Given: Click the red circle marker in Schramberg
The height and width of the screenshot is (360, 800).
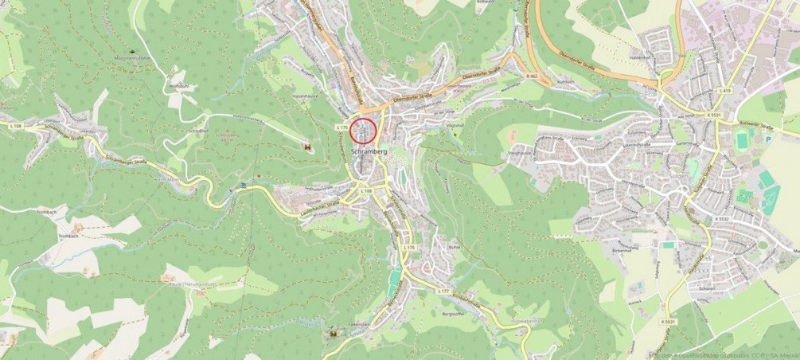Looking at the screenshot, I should (x=363, y=131).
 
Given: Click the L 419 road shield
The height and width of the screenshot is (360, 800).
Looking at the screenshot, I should (x=724, y=91).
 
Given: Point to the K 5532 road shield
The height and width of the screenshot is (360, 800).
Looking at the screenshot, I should (x=721, y=218).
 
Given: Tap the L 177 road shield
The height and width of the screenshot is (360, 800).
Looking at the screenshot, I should (x=443, y=292).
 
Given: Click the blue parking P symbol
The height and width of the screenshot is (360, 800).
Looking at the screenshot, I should (x=768, y=139).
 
